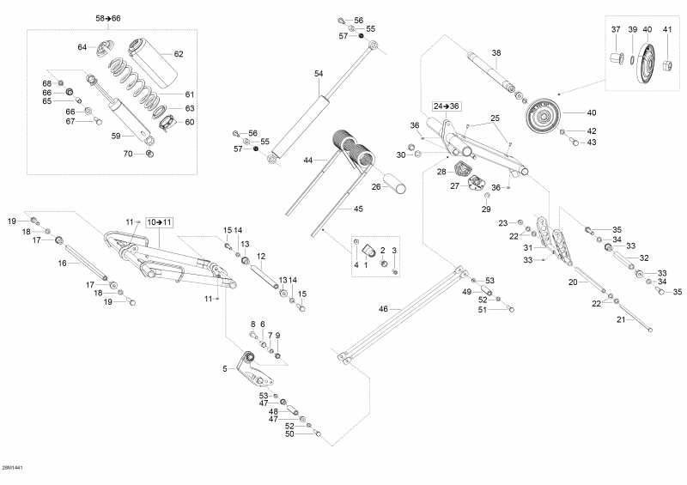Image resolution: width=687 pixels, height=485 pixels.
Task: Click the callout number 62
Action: click(x=179, y=54)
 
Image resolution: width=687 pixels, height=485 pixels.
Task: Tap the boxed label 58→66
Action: click(x=108, y=18)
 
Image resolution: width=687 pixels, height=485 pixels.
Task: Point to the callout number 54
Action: click(x=319, y=74)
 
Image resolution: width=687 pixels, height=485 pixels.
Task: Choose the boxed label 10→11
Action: click(x=159, y=222)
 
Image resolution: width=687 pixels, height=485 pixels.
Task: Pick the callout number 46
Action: click(x=384, y=308)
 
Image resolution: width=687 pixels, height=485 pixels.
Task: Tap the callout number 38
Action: click(x=496, y=53)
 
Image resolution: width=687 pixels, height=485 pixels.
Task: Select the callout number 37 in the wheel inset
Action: click(x=615, y=30)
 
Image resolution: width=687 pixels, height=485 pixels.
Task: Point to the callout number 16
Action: click(x=62, y=264)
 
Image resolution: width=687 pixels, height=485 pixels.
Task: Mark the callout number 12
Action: click(x=261, y=256)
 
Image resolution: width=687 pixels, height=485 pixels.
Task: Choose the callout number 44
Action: click(x=307, y=161)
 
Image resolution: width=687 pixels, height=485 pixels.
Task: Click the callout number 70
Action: click(x=128, y=154)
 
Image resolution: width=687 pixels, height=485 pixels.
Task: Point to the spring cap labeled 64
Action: click(x=107, y=45)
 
